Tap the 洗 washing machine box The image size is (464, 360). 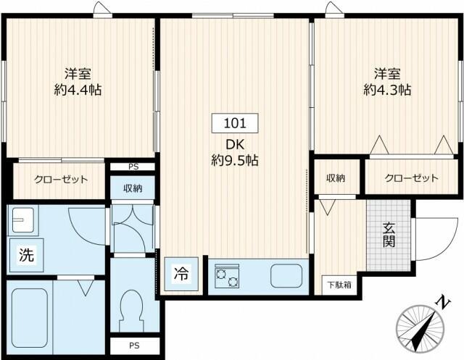[25, 256]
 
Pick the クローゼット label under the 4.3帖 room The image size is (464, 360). [412, 178]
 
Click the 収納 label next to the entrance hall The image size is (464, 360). [335, 178]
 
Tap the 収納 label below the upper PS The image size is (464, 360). [132, 189]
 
